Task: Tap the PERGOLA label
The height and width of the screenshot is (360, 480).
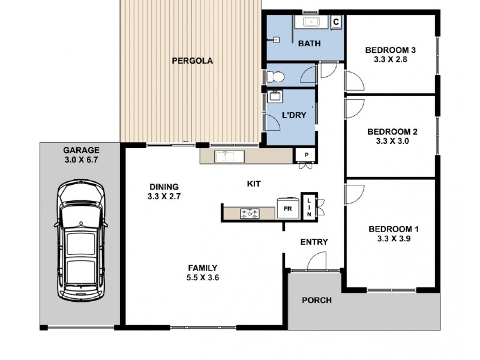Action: [193, 61]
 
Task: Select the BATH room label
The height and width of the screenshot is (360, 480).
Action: [309, 43]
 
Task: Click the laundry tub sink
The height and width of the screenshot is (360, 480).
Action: [275, 96]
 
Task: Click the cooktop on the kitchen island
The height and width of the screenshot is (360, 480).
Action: [250, 212]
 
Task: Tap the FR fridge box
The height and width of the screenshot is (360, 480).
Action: [287, 209]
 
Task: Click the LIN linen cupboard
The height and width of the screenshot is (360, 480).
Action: [308, 208]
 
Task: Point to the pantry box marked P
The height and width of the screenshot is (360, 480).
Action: [306, 155]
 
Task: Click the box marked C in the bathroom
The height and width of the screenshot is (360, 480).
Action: [336, 22]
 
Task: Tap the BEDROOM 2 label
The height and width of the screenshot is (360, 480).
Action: [391, 131]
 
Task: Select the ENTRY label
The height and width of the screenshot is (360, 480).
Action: [314, 242]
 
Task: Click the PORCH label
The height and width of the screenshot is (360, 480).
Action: [316, 300]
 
